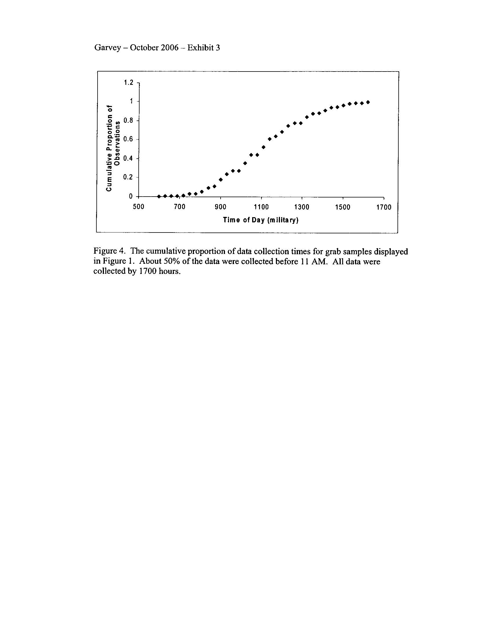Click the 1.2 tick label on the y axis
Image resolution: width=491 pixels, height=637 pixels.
(128, 83)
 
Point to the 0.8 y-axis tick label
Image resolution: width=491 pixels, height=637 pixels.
(128, 120)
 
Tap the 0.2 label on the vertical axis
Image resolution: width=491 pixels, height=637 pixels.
(128, 177)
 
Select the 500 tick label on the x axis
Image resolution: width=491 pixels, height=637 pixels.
(138, 207)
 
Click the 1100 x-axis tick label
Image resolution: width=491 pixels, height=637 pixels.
(261, 207)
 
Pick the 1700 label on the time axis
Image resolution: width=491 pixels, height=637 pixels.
(384, 207)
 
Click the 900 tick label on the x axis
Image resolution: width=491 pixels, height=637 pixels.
(220, 207)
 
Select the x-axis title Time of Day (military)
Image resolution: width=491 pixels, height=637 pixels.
(261, 220)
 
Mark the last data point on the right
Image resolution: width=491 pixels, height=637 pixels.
(368, 102)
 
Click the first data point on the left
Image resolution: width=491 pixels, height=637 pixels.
(159, 196)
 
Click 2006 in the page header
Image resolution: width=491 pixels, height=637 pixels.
(170, 47)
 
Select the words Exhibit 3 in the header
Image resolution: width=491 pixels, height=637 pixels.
(204, 47)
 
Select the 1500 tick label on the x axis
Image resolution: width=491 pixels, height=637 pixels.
(343, 207)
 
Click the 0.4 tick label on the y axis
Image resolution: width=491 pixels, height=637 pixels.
(128, 158)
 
